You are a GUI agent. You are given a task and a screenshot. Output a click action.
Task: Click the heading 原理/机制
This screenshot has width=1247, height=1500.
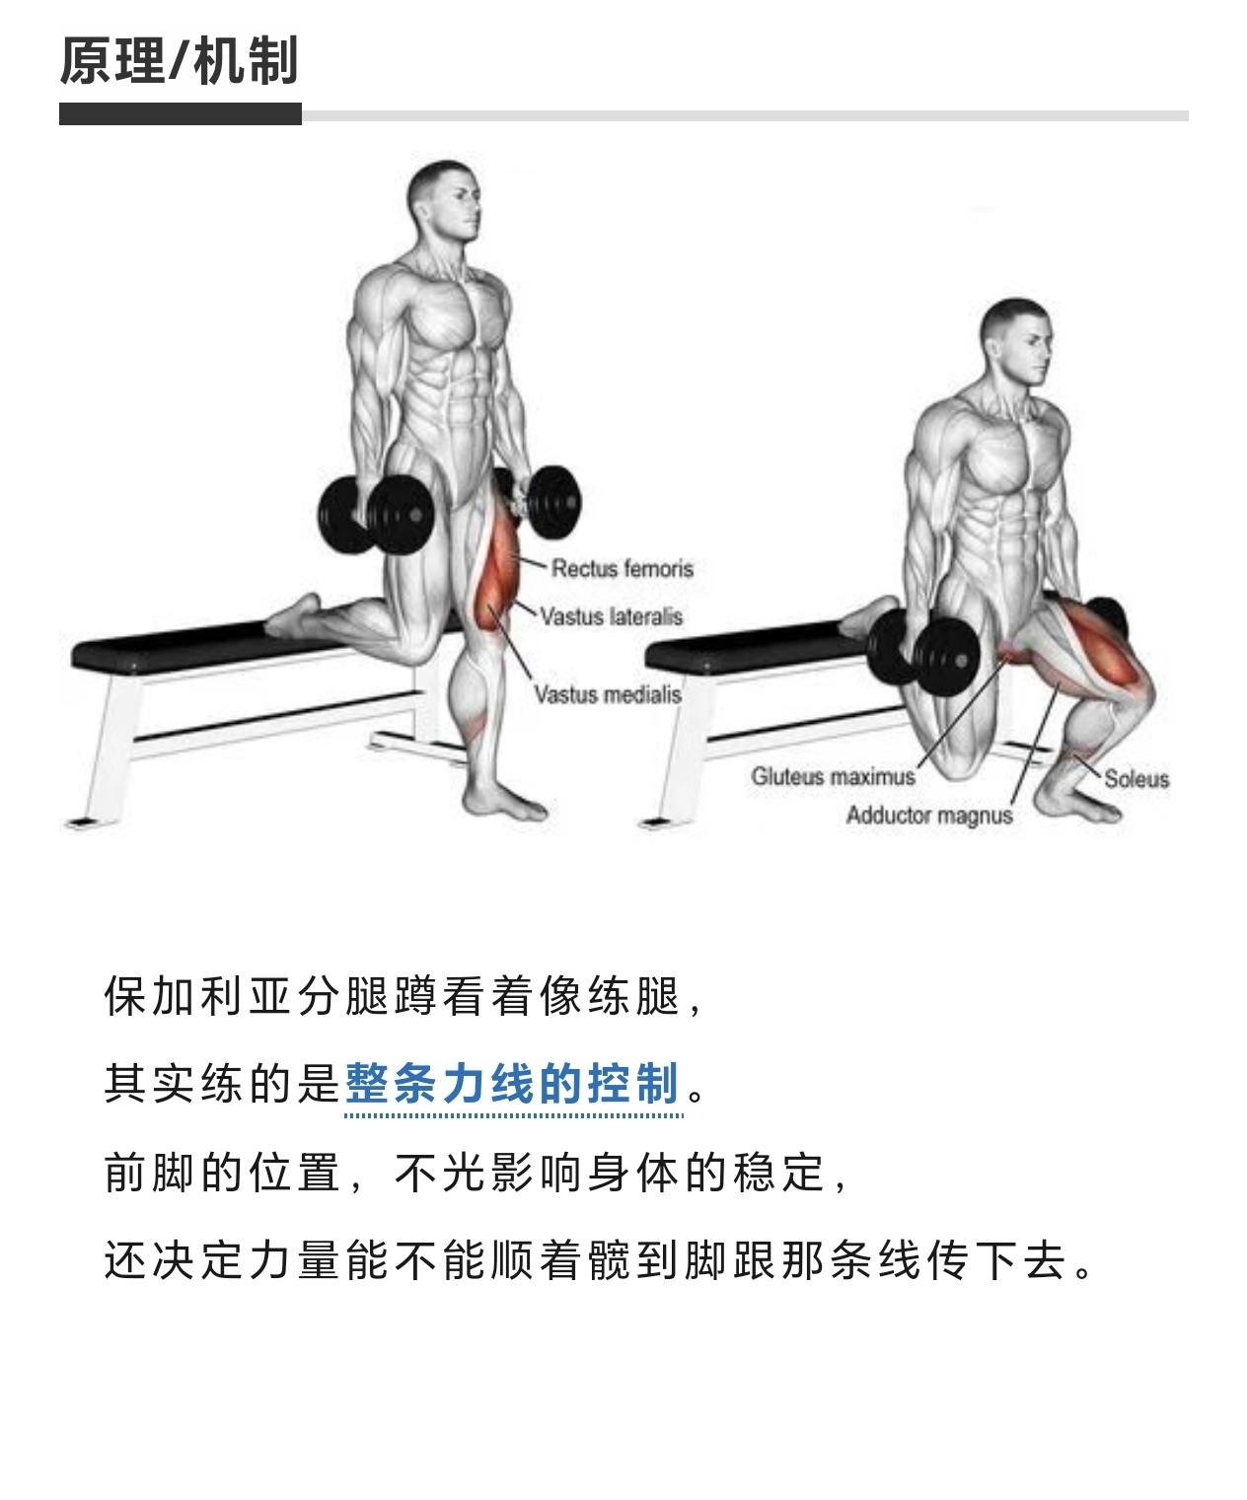point(179,61)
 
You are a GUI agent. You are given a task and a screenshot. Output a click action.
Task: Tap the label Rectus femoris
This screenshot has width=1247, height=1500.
point(622,569)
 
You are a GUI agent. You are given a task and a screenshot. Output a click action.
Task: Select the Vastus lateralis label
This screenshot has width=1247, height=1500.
point(611,616)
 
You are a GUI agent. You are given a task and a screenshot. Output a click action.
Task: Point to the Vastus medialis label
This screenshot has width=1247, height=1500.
point(608,694)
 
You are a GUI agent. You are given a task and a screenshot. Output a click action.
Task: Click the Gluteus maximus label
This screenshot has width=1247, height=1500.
point(833,776)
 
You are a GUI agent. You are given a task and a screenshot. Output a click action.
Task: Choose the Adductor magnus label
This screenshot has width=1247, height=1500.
point(929,816)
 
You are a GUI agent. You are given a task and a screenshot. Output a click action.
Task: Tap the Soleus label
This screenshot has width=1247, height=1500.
point(1137,779)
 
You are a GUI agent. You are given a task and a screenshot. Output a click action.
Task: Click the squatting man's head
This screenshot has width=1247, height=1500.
point(1015,341)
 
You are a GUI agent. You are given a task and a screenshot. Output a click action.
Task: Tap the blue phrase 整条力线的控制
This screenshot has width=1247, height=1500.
point(512,1084)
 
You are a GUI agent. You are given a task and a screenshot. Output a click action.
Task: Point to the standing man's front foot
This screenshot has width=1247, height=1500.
point(504,800)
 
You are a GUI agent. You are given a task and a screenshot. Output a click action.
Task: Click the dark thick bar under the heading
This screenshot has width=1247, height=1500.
point(181,114)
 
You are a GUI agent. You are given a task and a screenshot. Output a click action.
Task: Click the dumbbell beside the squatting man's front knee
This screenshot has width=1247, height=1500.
point(924,650)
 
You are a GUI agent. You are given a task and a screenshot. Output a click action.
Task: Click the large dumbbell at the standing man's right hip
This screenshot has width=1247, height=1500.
point(376,515)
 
